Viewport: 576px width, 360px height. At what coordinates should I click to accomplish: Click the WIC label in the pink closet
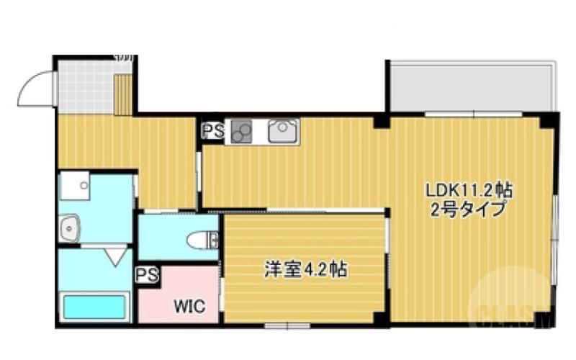click(x=188, y=306)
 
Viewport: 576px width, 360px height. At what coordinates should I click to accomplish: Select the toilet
click(x=203, y=239)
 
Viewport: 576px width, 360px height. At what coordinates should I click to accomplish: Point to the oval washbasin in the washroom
click(x=70, y=230)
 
